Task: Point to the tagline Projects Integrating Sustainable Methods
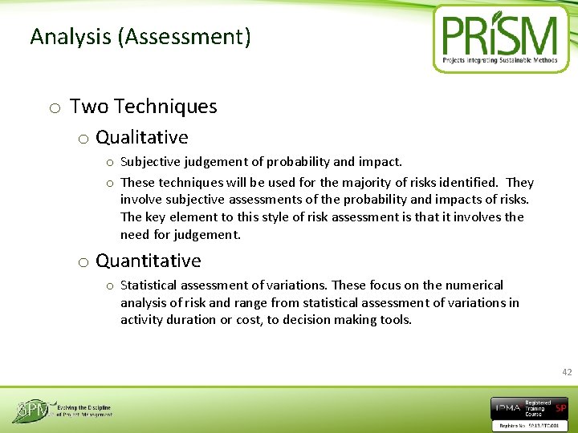(x=499, y=60)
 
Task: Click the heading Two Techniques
(x=143, y=107)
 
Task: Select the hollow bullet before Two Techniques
(x=54, y=108)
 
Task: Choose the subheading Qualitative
(x=141, y=138)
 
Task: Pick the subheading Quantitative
(x=148, y=261)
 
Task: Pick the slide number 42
(x=567, y=372)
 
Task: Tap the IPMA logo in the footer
(x=507, y=408)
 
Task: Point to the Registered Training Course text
(x=537, y=408)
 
